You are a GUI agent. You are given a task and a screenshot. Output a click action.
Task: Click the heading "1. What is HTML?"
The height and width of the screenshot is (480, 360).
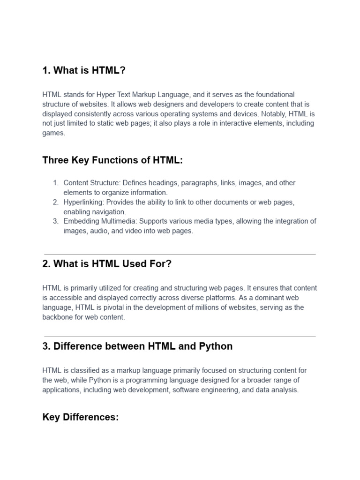pos(84,70)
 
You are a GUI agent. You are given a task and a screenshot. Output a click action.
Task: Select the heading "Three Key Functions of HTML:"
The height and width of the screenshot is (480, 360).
pos(112,160)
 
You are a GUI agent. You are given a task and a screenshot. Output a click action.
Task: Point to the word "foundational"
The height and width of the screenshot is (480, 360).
pos(274,95)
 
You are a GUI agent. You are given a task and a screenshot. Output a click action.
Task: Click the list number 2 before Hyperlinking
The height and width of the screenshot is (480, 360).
pos(55,202)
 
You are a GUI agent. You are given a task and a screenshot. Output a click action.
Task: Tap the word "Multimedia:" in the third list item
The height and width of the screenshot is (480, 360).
pos(120,221)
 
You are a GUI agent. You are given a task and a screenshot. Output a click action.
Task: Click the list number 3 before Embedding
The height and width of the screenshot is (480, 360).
pos(55,221)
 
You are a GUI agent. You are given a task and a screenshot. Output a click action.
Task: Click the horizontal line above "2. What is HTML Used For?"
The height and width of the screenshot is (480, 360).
pos(180,254)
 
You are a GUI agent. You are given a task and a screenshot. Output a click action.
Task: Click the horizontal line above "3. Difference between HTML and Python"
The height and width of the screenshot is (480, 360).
pos(180,337)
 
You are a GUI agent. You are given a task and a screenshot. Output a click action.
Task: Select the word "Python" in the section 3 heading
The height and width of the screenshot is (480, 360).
pos(216,346)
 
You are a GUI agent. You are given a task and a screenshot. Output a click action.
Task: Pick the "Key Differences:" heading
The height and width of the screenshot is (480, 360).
pos(81,417)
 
